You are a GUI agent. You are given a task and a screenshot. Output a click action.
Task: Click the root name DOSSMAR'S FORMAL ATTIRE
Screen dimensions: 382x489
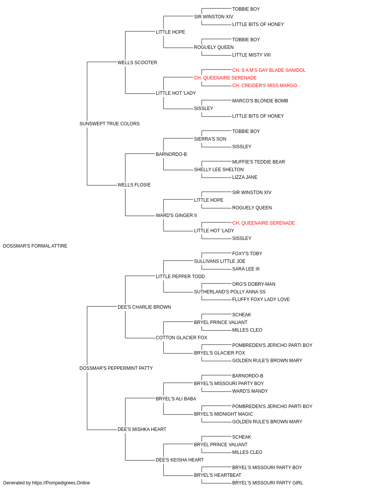click(35, 246)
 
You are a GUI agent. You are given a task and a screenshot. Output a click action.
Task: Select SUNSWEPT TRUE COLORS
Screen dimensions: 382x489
click(109, 124)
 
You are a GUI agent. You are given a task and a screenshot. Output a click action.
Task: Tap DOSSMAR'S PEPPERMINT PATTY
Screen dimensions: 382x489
click(116, 368)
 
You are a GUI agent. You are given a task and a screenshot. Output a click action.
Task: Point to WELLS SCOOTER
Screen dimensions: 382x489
click(137, 63)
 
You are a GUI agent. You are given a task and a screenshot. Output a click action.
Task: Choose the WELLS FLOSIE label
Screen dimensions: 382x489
click(134, 185)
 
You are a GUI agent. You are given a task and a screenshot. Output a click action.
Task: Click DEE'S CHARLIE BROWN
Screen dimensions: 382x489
click(144, 307)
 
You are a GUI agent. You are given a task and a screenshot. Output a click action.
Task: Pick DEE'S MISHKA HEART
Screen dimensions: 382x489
click(142, 429)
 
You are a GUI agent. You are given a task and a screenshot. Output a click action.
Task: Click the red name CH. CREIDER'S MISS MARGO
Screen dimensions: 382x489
click(265, 86)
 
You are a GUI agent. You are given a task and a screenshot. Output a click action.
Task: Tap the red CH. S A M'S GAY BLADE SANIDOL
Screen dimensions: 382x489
click(269, 70)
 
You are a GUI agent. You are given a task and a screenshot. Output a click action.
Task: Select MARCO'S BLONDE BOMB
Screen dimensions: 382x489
click(260, 101)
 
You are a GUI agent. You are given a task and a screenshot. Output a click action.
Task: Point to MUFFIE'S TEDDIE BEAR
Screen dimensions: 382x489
click(259, 162)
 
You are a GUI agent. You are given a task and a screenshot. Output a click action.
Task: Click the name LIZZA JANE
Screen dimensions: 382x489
click(245, 177)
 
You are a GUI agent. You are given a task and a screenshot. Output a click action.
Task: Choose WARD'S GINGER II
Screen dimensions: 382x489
click(176, 215)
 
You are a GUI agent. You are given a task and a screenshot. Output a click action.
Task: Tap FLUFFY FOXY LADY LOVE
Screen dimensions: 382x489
click(261, 300)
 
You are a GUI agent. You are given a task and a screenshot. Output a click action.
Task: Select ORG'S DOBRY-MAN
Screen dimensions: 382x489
click(254, 284)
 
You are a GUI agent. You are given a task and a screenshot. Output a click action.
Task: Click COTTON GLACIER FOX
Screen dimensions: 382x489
click(181, 338)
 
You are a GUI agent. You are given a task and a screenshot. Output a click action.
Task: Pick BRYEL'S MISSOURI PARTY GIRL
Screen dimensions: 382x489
click(267, 483)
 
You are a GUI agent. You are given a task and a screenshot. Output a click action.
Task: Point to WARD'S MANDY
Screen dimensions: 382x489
click(250, 391)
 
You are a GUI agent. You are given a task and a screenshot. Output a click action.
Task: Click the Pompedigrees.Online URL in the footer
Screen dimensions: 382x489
click(61, 483)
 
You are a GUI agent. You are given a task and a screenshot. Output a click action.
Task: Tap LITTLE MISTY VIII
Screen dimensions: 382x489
click(251, 55)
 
